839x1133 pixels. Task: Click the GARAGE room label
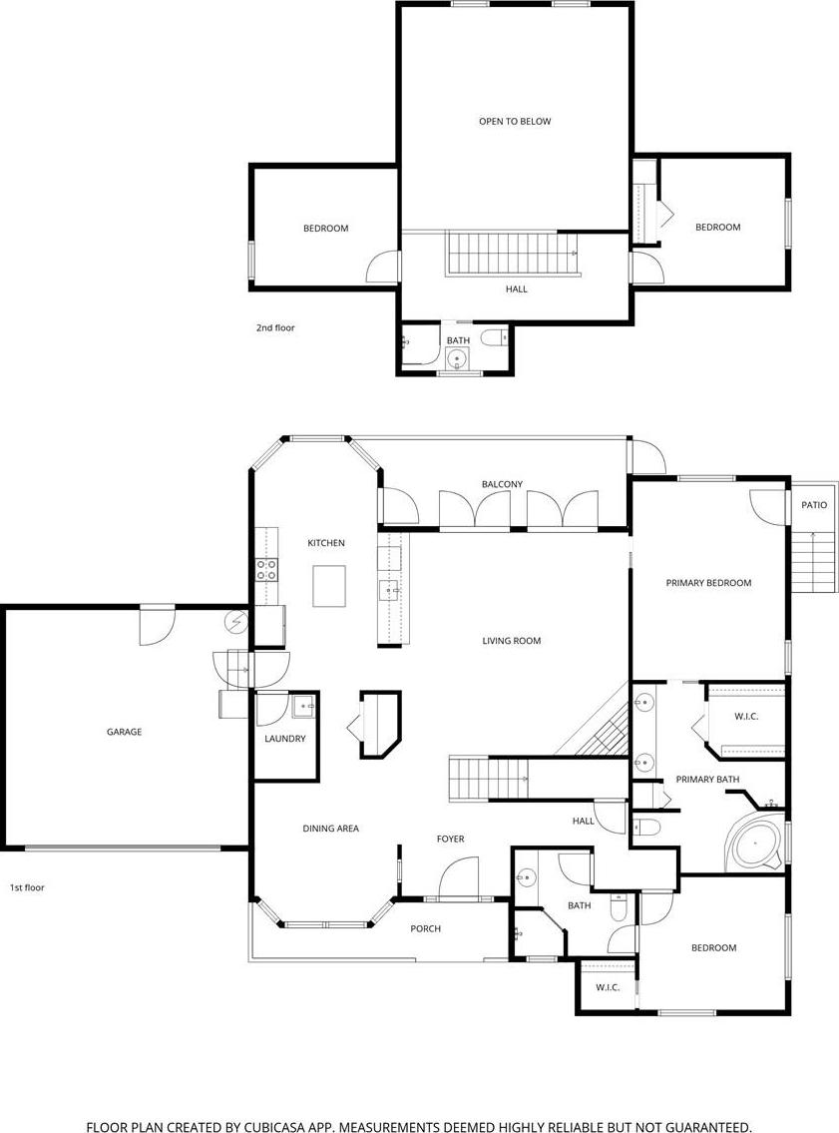point(124,732)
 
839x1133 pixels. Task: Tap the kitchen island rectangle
point(328,586)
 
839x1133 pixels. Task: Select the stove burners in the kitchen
point(267,570)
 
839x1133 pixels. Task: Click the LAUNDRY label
point(285,739)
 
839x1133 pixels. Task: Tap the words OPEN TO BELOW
point(515,122)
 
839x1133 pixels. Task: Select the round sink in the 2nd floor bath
point(456,357)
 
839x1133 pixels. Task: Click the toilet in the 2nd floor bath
point(494,337)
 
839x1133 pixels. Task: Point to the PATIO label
point(814,505)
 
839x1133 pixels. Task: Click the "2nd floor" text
point(275,328)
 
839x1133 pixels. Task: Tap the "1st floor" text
point(28,887)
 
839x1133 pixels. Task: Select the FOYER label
point(451,839)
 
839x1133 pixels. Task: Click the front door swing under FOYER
point(459,877)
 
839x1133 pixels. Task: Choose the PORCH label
point(425,928)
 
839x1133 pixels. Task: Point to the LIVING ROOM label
point(511,640)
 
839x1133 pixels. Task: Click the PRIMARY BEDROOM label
point(708,582)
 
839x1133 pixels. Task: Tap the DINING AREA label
point(330,829)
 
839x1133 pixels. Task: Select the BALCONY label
point(503,484)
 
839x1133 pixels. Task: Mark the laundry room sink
point(303,706)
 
